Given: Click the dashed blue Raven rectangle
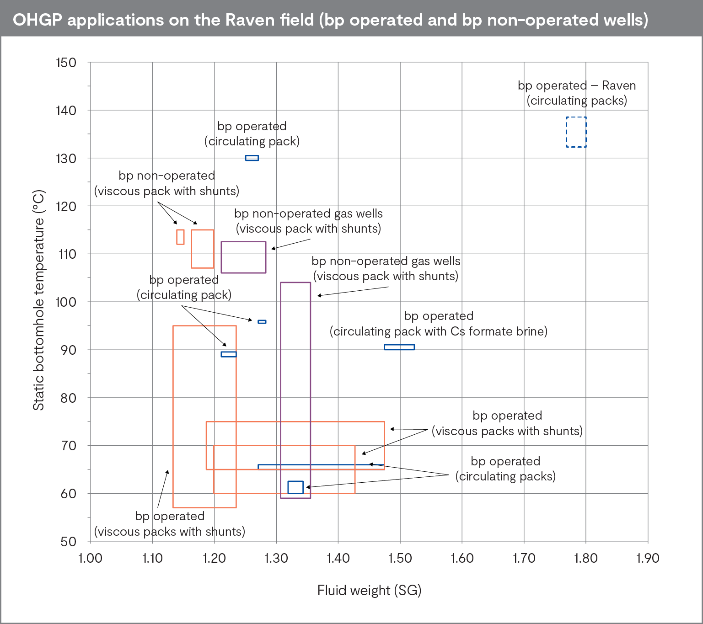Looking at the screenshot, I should coord(576,132).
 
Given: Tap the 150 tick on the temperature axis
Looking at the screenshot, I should coord(66,63).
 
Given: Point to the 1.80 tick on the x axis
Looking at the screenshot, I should coord(586,558).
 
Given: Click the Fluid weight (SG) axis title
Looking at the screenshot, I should coord(369,590).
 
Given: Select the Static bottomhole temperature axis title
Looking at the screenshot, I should coord(39,301).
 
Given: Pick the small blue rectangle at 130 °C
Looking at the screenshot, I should coord(252,158).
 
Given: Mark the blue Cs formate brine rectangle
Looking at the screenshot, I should coord(399,347).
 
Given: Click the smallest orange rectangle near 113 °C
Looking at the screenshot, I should coord(180,237).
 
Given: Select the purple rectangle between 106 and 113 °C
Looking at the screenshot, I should coord(243,257).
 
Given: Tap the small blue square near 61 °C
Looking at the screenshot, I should coord(295,487).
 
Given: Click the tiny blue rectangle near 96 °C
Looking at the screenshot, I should coord(262,322).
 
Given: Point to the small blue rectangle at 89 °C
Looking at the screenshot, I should coord(229,354).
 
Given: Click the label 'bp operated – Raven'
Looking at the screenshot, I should coord(576,85).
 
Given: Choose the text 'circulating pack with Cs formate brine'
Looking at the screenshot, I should coord(439,331).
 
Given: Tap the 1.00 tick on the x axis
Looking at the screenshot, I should coord(91,558).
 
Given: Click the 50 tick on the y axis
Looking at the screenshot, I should coord(69,542).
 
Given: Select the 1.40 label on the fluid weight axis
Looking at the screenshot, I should coord(338,558).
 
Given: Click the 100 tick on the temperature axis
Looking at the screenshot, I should coord(66,302).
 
